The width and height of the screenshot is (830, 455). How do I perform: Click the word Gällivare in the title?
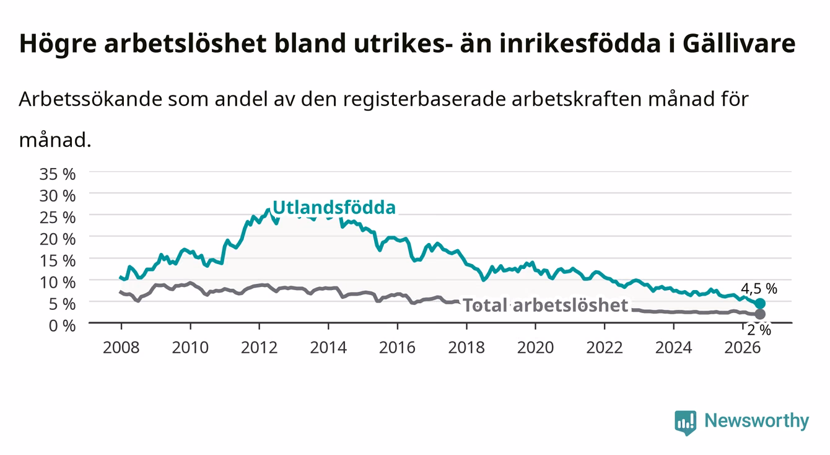(739, 44)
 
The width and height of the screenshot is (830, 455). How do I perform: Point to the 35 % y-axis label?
(58, 174)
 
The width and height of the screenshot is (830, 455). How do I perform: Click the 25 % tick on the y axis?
(58, 218)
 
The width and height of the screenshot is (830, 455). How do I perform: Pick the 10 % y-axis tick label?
(58, 283)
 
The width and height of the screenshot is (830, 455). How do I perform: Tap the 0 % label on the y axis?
(62, 326)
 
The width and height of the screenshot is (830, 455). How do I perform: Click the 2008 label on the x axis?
(121, 348)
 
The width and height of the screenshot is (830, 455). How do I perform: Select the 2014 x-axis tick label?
(328, 348)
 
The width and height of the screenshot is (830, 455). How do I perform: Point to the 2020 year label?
(535, 348)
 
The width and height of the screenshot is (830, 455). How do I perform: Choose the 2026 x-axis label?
(743, 348)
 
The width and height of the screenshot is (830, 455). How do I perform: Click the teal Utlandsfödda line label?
(334, 208)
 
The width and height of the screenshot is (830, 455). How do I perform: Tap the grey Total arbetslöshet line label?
(546, 305)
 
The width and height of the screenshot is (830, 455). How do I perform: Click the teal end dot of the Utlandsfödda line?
(760, 303)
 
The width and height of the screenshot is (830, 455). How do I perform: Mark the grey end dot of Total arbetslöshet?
(760, 314)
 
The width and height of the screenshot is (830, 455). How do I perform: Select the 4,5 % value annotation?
(759, 288)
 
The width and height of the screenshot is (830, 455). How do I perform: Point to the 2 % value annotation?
(759, 330)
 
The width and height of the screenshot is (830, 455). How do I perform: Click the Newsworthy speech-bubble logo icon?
(686, 422)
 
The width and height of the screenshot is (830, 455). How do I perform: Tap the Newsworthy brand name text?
(757, 421)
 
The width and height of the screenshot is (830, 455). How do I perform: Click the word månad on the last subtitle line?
(55, 141)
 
